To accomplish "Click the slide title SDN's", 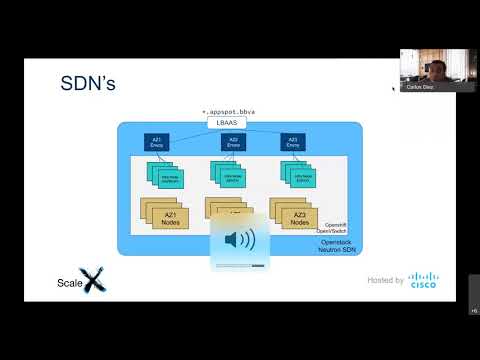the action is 89,83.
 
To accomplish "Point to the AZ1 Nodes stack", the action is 162,213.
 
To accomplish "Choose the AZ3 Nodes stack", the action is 293,213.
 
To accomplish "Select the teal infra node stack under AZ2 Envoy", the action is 231,177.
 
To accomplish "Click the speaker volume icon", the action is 240,240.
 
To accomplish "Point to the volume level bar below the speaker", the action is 240,265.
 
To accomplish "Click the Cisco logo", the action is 423,280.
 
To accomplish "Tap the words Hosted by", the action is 385,280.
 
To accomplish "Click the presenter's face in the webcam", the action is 437,66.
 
